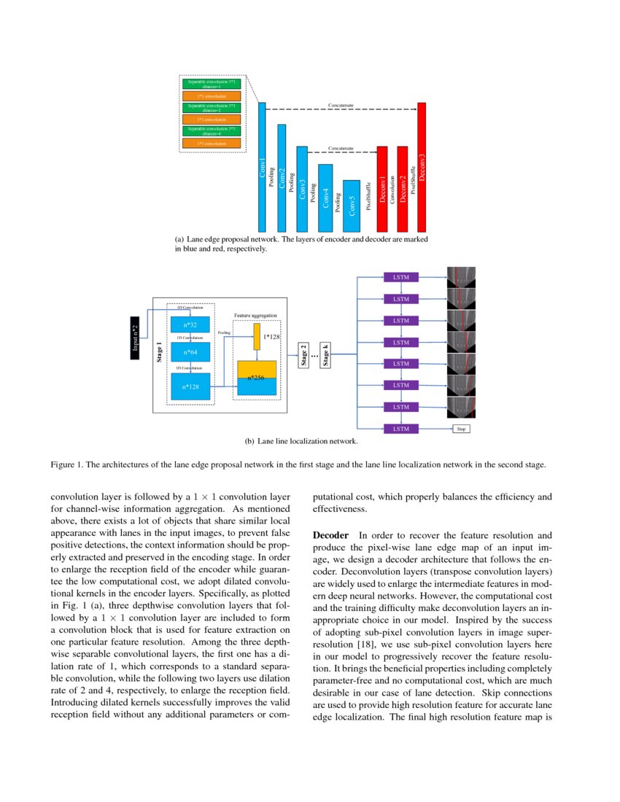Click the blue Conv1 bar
click(x=263, y=167)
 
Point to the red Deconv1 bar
click(x=381, y=189)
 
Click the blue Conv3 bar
click(x=302, y=189)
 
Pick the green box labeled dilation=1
click(x=212, y=84)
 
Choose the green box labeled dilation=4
click(x=212, y=131)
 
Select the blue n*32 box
click(x=190, y=324)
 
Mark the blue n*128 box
click(x=190, y=387)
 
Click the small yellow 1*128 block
click(x=257, y=337)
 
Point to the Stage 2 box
click(x=303, y=356)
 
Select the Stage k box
click(x=326, y=356)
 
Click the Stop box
click(x=460, y=429)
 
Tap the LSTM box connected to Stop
click(x=401, y=429)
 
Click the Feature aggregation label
click(x=255, y=316)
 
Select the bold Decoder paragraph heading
click(x=329, y=535)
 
